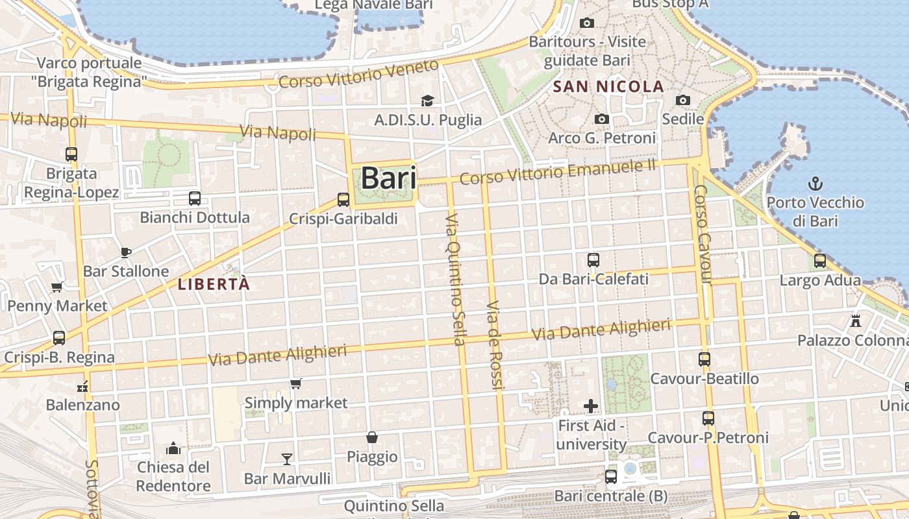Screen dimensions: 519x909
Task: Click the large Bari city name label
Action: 388,178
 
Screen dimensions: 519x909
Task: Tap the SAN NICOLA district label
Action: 608,86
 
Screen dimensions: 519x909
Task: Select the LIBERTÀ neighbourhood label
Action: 214,284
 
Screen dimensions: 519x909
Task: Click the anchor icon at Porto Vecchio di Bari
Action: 815,184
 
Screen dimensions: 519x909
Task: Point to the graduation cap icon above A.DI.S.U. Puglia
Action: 427,101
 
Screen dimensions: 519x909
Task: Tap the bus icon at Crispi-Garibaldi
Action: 343,200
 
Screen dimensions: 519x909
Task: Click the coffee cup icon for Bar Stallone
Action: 126,252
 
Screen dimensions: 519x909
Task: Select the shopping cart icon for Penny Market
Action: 56,287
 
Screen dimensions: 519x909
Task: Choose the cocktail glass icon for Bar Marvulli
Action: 287,459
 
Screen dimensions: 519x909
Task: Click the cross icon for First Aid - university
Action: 591,406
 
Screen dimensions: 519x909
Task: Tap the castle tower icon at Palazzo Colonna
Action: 856,320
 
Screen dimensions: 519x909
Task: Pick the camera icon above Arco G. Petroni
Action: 602,119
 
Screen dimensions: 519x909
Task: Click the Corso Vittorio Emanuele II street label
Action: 558,170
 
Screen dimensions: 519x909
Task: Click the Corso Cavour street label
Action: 703,235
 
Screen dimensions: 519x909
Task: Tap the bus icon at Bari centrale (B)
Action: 611,477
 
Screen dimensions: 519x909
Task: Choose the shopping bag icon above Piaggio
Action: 372,437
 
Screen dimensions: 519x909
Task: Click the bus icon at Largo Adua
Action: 820,261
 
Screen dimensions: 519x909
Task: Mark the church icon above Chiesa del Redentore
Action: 173,448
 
